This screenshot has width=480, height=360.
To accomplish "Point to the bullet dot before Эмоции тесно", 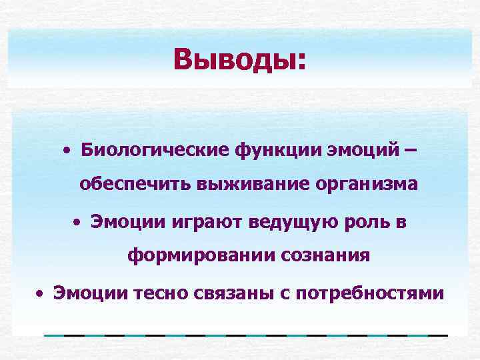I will (x=41, y=292).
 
